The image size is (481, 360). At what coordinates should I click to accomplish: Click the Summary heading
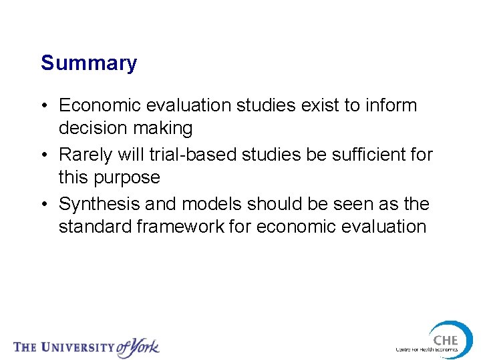(89, 63)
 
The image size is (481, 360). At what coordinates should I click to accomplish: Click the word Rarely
(86, 155)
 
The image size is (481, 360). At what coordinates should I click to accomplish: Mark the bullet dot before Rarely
(44, 155)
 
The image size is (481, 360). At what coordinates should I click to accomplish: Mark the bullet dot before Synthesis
(44, 205)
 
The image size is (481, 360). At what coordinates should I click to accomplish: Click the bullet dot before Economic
(44, 106)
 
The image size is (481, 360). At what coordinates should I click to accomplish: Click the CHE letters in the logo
(445, 340)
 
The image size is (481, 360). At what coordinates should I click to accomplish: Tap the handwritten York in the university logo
(138, 346)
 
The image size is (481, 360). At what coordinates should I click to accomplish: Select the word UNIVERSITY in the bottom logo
(77, 347)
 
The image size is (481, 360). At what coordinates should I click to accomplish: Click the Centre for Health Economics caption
(426, 350)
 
